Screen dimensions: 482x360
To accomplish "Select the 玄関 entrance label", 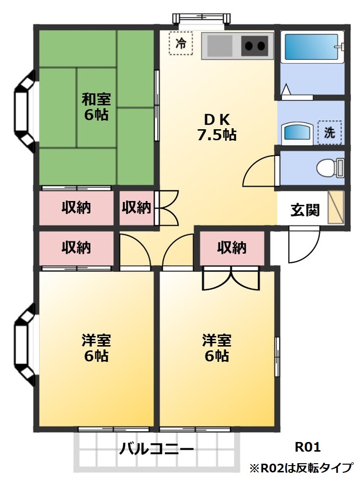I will tap(305, 210).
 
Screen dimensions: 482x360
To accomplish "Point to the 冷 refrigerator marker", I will tap(181, 44).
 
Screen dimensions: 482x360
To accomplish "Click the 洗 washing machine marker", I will tap(329, 132).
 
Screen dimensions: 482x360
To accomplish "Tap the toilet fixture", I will tap(330, 168).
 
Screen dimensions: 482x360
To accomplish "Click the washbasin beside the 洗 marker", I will tap(296, 132).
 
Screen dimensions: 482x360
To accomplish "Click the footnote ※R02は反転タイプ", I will tap(301, 468).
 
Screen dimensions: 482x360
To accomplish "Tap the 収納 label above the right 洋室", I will tap(232, 248).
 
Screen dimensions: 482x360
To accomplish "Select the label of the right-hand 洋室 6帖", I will tap(216, 348).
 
